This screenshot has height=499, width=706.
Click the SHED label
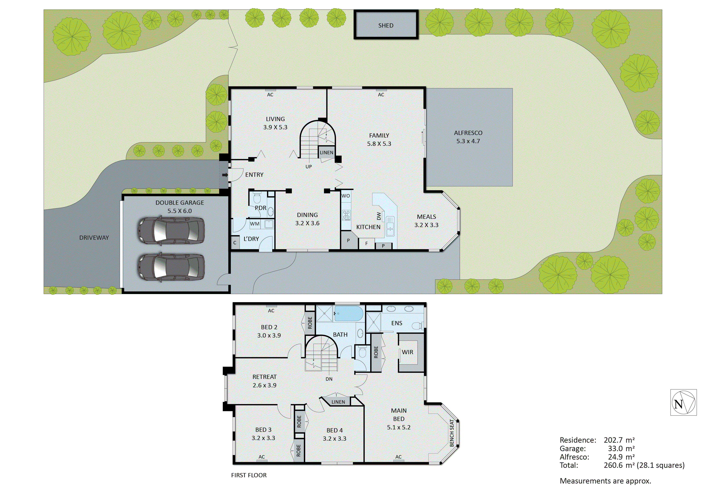[x=386, y=26]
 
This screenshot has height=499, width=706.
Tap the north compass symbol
[x=683, y=403]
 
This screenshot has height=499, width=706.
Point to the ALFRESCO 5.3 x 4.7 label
[x=468, y=137]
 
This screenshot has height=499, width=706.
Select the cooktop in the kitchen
[x=346, y=215]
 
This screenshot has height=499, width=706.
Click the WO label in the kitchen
[x=346, y=196]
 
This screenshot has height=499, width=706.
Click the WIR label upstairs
[x=407, y=352]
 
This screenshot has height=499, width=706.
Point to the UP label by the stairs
[x=308, y=167]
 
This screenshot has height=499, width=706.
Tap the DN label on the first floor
[x=329, y=379]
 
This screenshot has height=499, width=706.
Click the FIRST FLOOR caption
[x=249, y=475]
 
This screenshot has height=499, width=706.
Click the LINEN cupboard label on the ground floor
[x=326, y=152]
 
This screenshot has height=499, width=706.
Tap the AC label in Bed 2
[x=271, y=311]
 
